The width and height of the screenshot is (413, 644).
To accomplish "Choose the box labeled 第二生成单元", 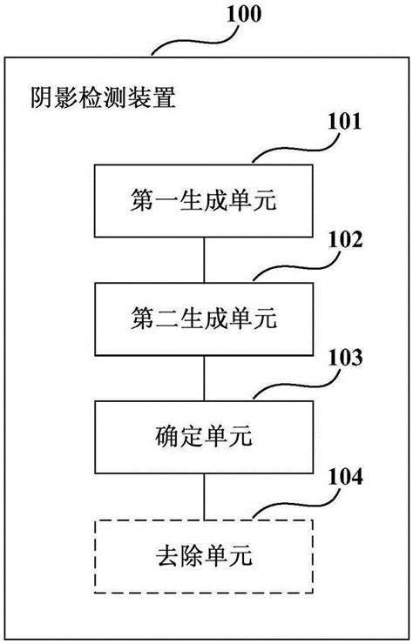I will pos(203,319).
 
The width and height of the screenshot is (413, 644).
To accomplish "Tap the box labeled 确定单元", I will pos(203,437).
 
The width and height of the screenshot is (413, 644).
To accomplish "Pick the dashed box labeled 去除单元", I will pos(203,554).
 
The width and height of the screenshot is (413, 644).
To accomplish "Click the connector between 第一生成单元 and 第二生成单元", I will pos(203,260).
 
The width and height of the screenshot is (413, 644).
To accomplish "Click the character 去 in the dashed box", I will pos(165,554).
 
